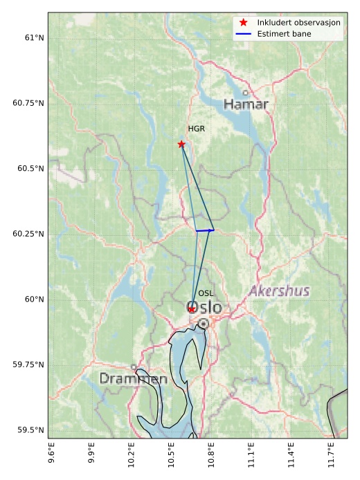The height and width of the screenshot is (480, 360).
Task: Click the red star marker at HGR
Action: [181, 144]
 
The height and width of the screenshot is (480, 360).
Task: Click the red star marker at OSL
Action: [192, 309]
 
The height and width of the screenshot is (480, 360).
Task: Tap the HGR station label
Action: [197, 129]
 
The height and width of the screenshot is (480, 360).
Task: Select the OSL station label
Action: [206, 293]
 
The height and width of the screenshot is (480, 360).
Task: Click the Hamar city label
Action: [246, 104]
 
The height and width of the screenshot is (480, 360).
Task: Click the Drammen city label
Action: [133, 379]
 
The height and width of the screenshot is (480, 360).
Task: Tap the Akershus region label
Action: [279, 290]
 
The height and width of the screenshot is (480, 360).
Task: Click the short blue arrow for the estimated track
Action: [205, 230]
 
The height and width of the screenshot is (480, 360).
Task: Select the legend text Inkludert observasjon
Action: [298, 23]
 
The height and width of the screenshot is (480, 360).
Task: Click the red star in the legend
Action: [243, 23]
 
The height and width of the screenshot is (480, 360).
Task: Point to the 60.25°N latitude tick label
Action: [28, 234]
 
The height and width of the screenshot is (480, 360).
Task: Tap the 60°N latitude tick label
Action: [33, 299]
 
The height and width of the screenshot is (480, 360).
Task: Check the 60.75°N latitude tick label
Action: [28, 103]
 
